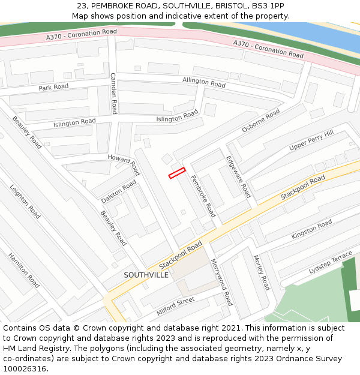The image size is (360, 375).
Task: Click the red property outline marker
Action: coord(177,173)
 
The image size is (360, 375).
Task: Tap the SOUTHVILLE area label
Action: coord(146,275)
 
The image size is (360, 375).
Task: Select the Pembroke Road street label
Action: coord(203,195)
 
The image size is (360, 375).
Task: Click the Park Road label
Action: coord(53,88)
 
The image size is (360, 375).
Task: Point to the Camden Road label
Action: coord(113,93)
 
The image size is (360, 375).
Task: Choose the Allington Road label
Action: coord(204,83)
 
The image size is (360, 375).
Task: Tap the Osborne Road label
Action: coord(261,121)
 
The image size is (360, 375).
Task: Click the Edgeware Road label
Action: coord(238,177)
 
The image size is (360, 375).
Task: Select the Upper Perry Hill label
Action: coord(311,141)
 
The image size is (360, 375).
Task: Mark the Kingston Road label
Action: coord(311,230)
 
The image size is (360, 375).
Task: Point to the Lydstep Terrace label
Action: coord(331,263)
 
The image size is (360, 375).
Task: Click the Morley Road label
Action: coord(262,272)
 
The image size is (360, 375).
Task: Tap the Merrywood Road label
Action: coord(221,282)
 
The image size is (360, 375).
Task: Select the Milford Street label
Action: coord(175,307)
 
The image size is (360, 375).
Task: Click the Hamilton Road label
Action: coord(23,270)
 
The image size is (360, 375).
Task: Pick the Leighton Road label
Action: coord(25,201)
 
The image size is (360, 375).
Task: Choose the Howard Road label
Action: coord(124,164)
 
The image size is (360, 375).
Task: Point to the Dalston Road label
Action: coord(119,190)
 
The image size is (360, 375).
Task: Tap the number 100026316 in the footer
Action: coord(24,368)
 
